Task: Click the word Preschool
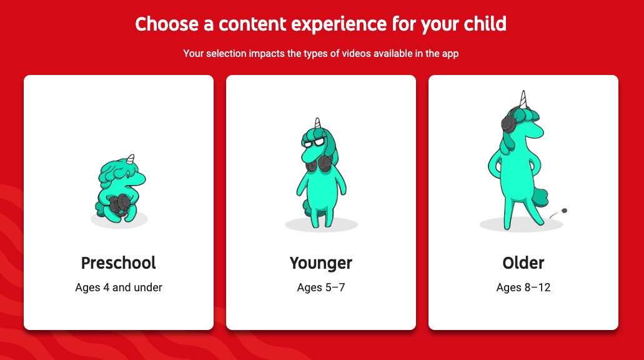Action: click(x=118, y=263)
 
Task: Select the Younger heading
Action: click(x=321, y=263)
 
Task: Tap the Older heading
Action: click(x=523, y=263)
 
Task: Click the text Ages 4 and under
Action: click(x=119, y=287)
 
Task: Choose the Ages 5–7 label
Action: click(x=321, y=287)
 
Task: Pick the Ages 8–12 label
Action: click(x=523, y=287)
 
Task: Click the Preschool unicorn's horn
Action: click(x=131, y=159)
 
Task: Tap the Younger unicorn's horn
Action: click(x=317, y=123)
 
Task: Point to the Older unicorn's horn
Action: click(x=523, y=100)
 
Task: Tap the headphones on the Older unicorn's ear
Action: click(x=508, y=122)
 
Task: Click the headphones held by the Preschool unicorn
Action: click(x=118, y=204)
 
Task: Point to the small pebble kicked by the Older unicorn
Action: click(x=564, y=211)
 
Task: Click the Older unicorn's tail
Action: click(x=540, y=197)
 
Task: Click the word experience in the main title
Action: click(x=339, y=24)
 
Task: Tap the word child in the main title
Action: click(x=485, y=24)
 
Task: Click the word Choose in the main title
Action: click(x=167, y=24)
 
